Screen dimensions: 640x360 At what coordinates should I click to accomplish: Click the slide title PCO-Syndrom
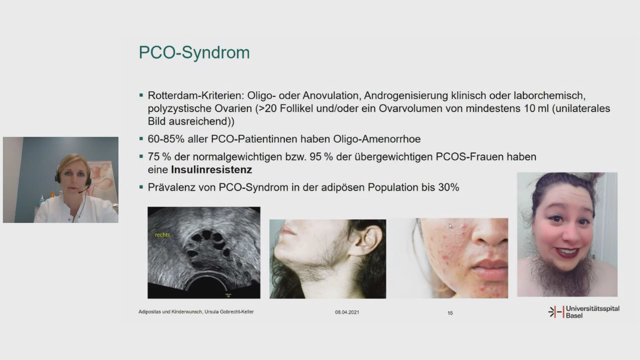(194, 53)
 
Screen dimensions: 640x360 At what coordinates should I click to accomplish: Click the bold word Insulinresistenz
(211, 170)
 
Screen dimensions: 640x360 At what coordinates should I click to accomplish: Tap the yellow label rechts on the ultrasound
(162, 235)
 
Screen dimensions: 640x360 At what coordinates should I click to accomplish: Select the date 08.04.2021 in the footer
(347, 312)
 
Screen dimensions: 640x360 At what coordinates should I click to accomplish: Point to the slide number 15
(450, 313)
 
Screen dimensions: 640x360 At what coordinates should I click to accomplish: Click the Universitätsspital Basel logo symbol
(556, 312)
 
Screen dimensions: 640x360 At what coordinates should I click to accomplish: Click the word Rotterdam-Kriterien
(196, 95)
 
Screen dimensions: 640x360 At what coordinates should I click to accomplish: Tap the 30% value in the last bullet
(449, 187)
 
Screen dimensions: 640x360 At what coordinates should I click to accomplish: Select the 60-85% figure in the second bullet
(166, 139)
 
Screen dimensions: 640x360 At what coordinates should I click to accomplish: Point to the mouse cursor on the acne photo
(451, 226)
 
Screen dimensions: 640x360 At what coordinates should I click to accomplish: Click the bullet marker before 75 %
(141, 156)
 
